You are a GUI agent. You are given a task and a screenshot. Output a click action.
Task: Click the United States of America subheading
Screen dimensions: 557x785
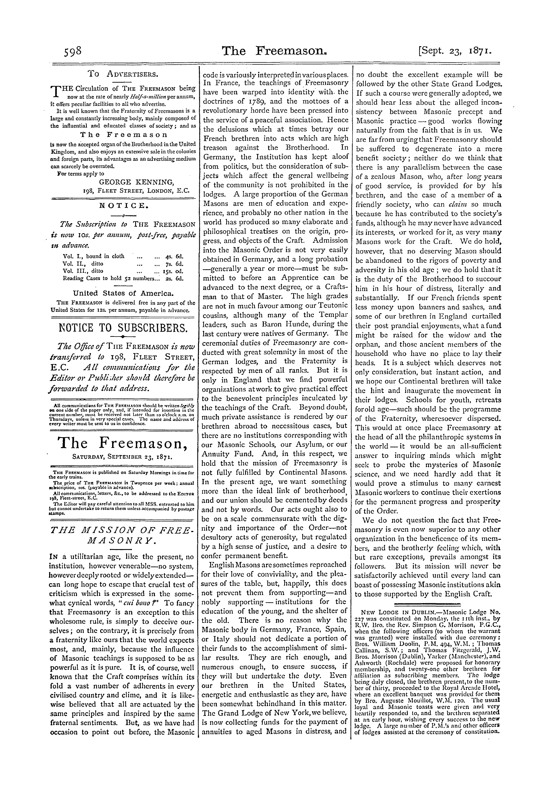point(123,294)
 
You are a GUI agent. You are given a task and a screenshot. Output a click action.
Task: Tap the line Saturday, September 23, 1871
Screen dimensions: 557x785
point(123,457)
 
